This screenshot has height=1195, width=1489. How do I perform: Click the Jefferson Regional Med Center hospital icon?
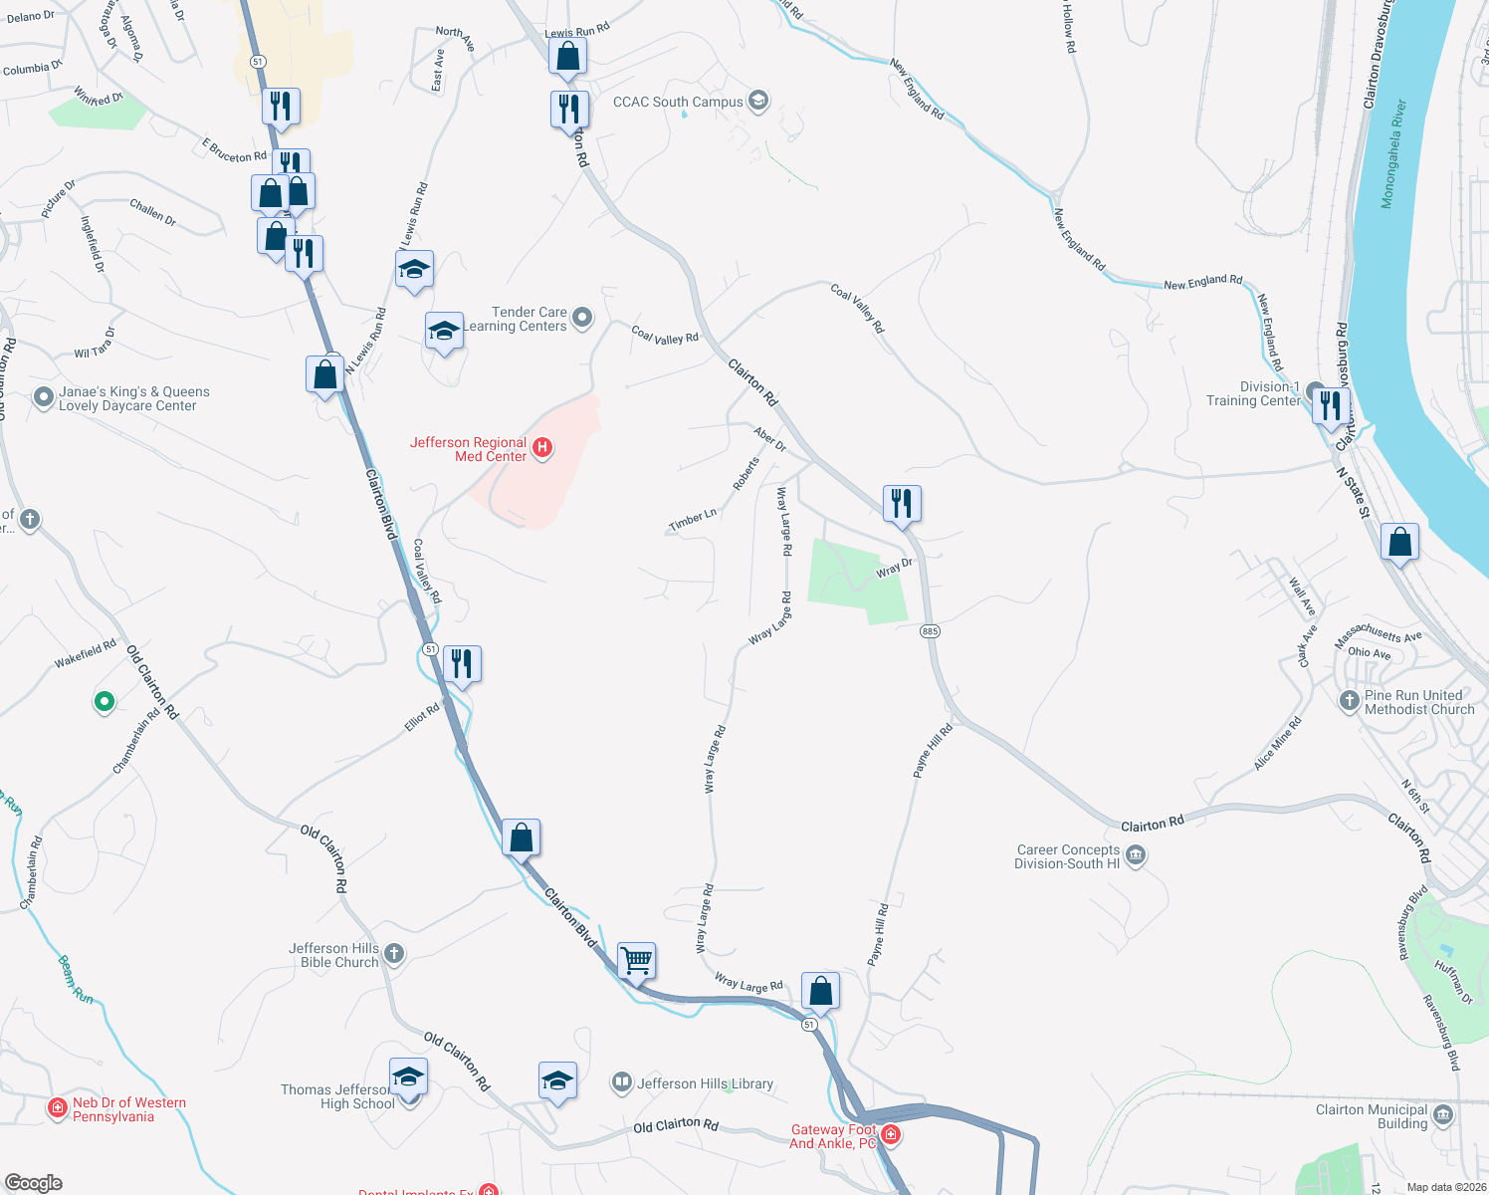point(542,448)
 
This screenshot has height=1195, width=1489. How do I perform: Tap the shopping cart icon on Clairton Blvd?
point(636,961)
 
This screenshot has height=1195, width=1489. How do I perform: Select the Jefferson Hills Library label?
point(705,1083)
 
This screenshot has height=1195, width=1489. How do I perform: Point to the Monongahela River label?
point(1393,153)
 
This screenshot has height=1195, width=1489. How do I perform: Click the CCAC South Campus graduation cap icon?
point(758,101)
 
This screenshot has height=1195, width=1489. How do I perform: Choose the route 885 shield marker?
point(930,631)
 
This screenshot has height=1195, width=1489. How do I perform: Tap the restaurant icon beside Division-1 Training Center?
point(1331,405)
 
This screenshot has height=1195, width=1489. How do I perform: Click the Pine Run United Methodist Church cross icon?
point(1349,701)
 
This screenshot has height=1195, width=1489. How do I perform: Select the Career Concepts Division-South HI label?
point(1067,856)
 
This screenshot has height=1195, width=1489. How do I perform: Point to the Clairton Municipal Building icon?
point(1443,1114)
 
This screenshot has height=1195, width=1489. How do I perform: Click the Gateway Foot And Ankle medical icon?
point(891,1134)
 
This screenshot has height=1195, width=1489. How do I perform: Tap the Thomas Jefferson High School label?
point(337,1096)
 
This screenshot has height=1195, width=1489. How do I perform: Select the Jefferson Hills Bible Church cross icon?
point(394,954)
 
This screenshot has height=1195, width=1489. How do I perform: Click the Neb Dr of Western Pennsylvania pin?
point(59,1107)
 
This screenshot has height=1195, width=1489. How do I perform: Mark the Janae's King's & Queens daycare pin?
point(43,397)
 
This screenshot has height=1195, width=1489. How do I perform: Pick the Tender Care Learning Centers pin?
point(582,318)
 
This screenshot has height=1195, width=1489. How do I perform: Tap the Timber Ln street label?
point(693,520)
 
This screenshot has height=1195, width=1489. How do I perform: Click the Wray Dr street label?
point(894,569)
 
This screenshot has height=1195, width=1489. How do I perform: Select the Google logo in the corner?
point(34,1183)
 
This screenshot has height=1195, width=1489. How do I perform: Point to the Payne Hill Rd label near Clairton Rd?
point(934,750)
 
